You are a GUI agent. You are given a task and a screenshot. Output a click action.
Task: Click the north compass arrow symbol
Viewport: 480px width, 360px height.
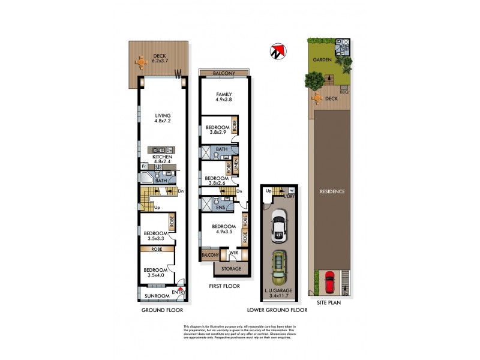(277, 52)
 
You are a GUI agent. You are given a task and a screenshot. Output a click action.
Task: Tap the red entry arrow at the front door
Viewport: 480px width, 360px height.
(180, 289)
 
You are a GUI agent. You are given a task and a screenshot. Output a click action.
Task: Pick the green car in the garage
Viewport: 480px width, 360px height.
(278, 267)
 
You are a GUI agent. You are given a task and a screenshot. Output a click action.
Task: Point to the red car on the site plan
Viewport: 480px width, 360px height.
(329, 281)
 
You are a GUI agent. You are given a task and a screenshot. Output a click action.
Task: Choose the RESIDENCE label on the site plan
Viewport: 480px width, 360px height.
(331, 191)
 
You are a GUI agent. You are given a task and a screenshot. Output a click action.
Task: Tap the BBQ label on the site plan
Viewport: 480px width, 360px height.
(344, 92)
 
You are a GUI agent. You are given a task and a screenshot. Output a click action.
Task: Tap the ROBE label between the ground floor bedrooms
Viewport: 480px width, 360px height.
(157, 248)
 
